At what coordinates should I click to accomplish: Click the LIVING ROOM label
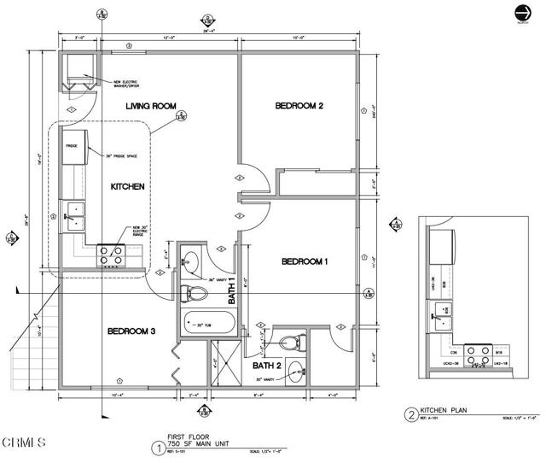click(x=151, y=106)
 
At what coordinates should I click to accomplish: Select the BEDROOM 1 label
click(x=305, y=261)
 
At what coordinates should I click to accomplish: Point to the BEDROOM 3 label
click(x=131, y=331)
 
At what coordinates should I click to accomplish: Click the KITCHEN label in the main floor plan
click(x=128, y=186)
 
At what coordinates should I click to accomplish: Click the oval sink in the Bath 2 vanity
click(x=295, y=370)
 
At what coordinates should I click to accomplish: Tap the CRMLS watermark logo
click(x=23, y=442)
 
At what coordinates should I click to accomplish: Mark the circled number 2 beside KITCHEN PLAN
click(x=411, y=415)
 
